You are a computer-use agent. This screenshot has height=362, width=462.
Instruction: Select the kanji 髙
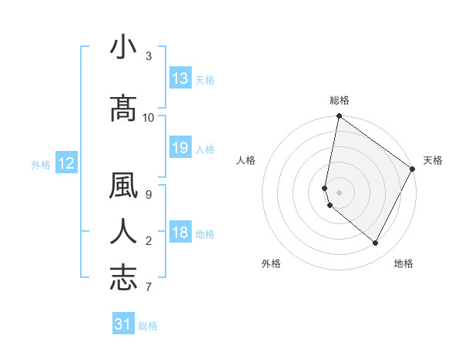(123, 109)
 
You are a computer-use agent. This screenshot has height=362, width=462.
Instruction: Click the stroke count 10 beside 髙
(149, 117)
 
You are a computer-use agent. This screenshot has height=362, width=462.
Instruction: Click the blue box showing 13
(180, 79)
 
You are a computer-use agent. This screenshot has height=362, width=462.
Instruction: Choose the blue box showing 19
(180, 148)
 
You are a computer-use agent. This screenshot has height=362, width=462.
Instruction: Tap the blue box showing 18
(180, 233)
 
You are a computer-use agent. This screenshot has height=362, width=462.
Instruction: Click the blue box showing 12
(65, 163)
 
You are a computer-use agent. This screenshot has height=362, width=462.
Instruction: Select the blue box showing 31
(123, 325)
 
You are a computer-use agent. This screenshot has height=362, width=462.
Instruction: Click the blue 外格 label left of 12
(41, 164)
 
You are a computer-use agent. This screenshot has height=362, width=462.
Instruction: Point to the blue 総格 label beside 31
(148, 326)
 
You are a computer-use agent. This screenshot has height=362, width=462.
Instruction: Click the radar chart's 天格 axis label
(433, 160)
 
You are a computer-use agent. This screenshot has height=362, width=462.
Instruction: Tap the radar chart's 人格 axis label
(246, 160)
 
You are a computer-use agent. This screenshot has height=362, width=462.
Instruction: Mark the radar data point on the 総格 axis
(339, 117)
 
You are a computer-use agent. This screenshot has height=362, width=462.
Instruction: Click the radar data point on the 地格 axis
(376, 243)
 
